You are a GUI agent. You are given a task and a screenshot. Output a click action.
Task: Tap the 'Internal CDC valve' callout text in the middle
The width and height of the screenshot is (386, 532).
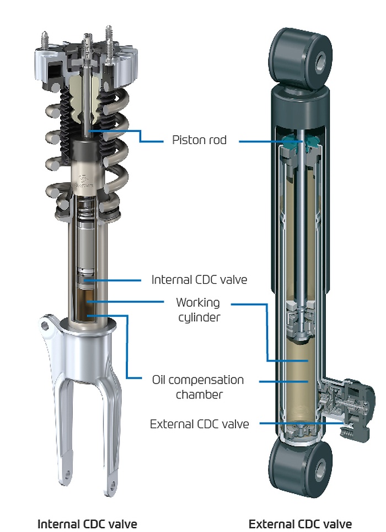(x=199, y=280)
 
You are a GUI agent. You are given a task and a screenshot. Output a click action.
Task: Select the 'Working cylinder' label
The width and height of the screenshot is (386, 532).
(x=198, y=310)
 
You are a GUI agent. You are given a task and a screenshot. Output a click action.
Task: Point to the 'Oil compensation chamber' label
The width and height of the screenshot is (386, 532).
(x=198, y=387)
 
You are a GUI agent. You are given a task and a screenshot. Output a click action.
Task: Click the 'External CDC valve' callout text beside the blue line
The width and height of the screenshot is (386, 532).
(x=199, y=424)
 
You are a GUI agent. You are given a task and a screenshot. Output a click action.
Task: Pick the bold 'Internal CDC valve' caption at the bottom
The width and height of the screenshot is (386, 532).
(x=87, y=523)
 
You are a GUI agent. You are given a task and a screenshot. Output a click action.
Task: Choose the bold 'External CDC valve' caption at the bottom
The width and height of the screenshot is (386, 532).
(x=300, y=523)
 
